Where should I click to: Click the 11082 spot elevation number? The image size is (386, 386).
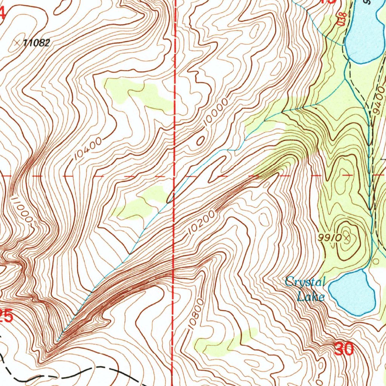pyautogui.click(x=36, y=43)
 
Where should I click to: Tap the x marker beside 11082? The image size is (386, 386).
pyautogui.click(x=17, y=43)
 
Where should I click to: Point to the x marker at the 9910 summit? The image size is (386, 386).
pyautogui.click(x=346, y=237)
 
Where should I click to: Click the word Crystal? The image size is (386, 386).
pyautogui.click(x=305, y=282)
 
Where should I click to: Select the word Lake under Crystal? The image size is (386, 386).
pyautogui.click(x=310, y=296)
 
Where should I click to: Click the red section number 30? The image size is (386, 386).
pyautogui.click(x=344, y=349)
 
